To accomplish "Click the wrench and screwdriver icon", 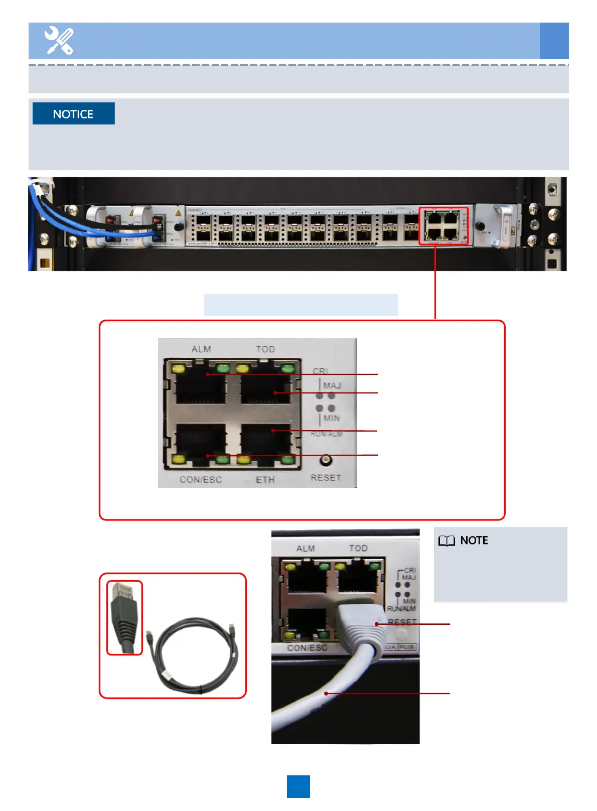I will click(x=59, y=41).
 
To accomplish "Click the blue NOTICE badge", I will click(x=73, y=114).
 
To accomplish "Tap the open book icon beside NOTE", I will click(x=446, y=540).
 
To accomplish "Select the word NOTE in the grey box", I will click(x=474, y=540).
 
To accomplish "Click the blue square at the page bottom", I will click(x=298, y=786).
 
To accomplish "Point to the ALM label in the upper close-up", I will click(x=201, y=349).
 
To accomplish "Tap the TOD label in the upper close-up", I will click(x=265, y=349).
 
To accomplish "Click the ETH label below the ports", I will click(x=265, y=480).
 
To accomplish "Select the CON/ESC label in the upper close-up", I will click(x=201, y=480).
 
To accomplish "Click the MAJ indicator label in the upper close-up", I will click(x=332, y=385).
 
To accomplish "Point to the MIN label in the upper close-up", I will click(x=332, y=418).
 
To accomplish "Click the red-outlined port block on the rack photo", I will click(x=443, y=226).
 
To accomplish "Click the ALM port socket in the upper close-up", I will click(x=200, y=386).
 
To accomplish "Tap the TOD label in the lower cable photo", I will click(x=358, y=548).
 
